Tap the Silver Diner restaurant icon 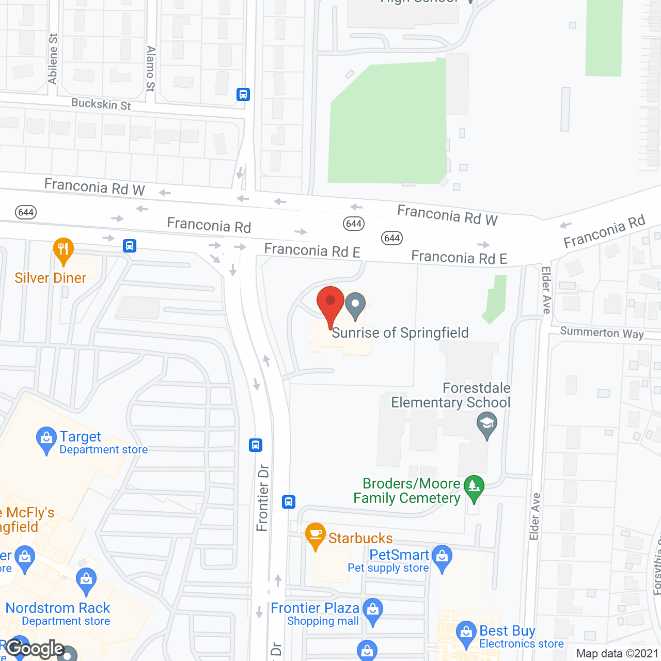[63, 251]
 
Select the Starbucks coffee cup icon [315, 536]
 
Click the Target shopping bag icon [46, 439]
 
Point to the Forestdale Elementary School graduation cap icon [486, 425]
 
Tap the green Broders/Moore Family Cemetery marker [474, 487]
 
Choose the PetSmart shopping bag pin [442, 558]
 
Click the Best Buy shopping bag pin [466, 634]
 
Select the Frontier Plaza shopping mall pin [372, 611]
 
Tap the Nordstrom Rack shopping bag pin [86, 580]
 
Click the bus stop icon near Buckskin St [243, 95]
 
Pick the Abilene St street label [53, 58]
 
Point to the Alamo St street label [150, 69]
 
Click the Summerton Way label [602, 333]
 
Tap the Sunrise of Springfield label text [400, 333]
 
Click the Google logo [35, 649]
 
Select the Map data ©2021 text [617, 654]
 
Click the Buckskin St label [101, 104]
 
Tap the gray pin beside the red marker [355, 305]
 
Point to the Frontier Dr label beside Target [263, 498]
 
